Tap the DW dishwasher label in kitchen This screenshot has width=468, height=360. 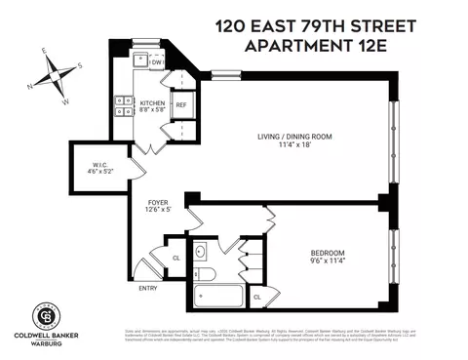coord(156,63)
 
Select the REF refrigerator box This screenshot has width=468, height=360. coord(181,104)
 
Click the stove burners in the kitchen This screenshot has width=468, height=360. coord(125,104)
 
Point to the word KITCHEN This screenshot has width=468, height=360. coord(153,102)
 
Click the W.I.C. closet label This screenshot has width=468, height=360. coord(98,164)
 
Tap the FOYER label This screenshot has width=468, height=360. coord(144,202)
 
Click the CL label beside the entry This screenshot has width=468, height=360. coord(175,258)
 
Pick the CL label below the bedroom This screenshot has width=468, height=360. coord(257,297)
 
